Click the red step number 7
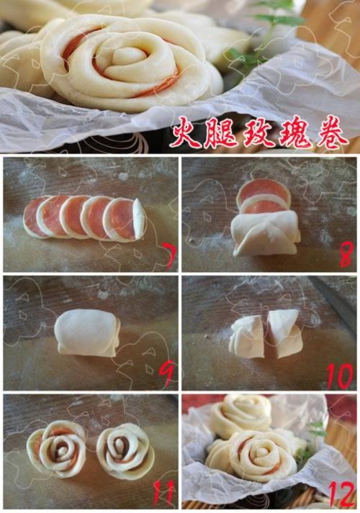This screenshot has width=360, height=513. coord(170,257)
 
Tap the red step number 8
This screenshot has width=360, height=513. coord(346,256)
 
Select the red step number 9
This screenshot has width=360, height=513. coord(167,374)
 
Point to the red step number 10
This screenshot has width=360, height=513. coord(341,376)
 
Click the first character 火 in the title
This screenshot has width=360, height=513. coord(187,135)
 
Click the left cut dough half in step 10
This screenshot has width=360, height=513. coord(248,338)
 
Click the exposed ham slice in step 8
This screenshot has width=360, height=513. coord(264,196)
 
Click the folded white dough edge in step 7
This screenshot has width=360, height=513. coord(140,219)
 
